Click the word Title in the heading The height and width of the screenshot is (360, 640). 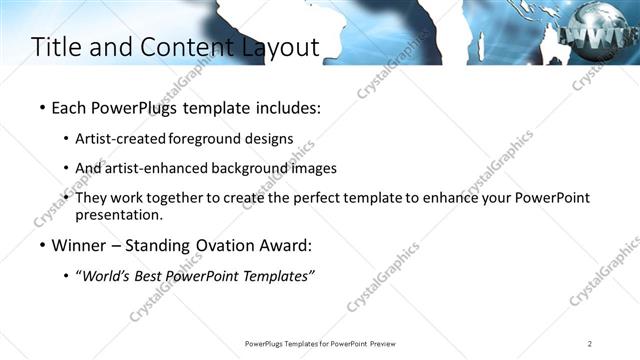click(x=58, y=47)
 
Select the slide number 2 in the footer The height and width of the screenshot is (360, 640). click(x=590, y=343)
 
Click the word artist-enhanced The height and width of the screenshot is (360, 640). click(x=148, y=168)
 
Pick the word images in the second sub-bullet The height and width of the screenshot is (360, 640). click(x=310, y=168)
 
